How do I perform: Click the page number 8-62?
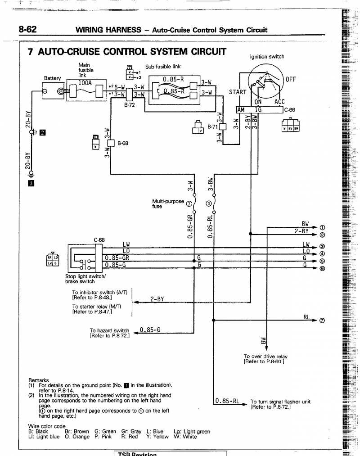(x=27, y=30)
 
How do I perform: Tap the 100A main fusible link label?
(x=85, y=83)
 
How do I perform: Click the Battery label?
(x=52, y=78)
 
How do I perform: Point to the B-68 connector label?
(x=123, y=144)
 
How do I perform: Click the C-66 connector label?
(x=290, y=109)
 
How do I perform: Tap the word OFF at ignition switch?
(x=291, y=80)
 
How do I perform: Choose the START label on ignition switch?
(x=238, y=92)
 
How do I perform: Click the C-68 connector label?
(x=99, y=240)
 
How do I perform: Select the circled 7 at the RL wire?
(x=322, y=321)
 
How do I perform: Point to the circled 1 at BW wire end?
(x=322, y=227)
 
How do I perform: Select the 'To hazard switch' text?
(x=109, y=331)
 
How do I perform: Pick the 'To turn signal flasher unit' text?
(x=280, y=402)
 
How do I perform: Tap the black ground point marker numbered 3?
(x=31, y=183)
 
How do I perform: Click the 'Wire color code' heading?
(x=47, y=426)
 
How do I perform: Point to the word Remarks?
(x=39, y=380)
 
